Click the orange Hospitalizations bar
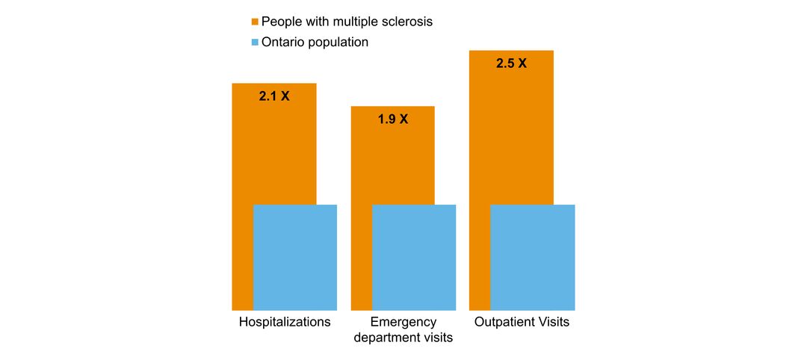click(273, 149)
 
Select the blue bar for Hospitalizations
click(295, 258)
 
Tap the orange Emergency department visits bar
click(392, 161)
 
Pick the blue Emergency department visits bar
click(414, 258)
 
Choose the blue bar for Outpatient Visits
click(533, 258)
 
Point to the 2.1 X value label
click(273, 96)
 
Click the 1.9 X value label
click(392, 119)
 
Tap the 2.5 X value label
click(511, 63)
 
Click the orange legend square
click(254, 22)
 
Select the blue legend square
click(254, 43)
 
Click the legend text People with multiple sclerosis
click(347, 22)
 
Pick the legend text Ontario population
click(315, 43)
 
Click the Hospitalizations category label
click(285, 323)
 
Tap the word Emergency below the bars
click(403, 323)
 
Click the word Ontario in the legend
click(284, 43)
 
